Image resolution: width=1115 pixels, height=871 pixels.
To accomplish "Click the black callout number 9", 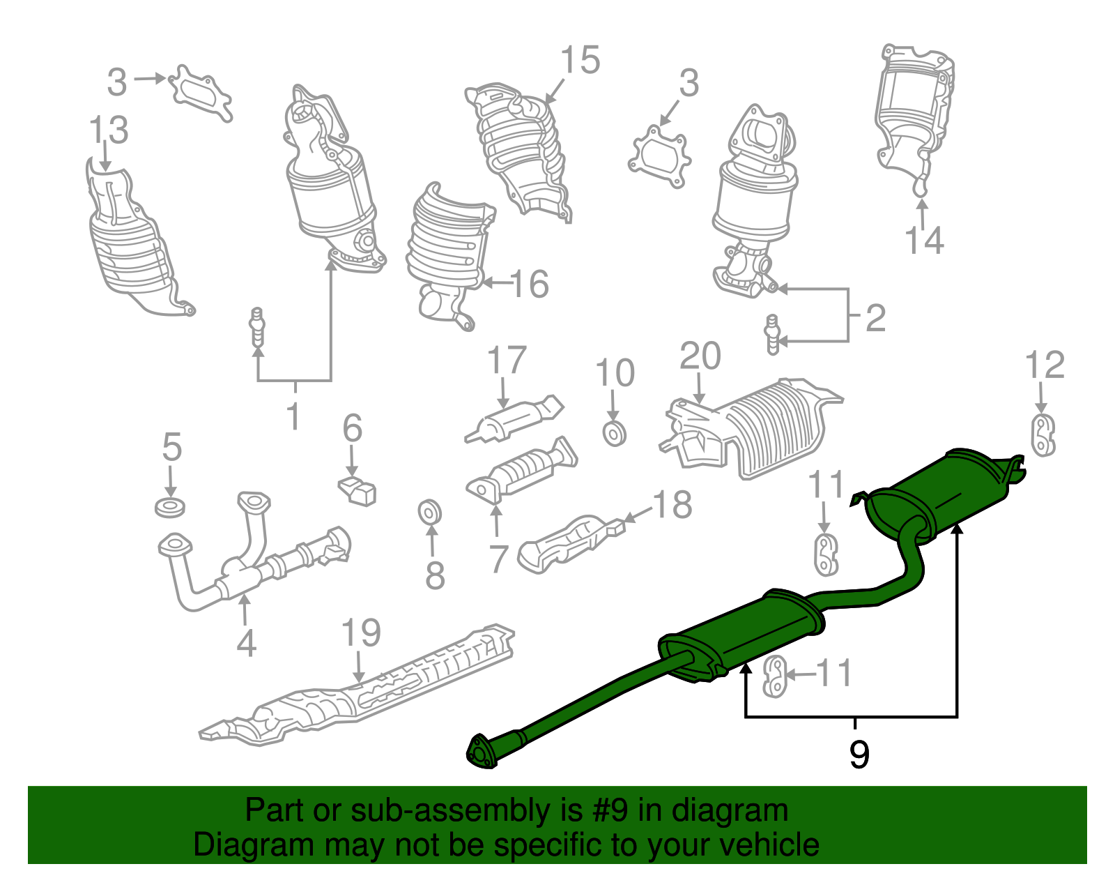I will pos(859,755).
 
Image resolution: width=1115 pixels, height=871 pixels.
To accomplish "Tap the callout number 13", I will pos(109,130).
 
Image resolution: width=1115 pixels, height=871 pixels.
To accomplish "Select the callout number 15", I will pos(580,60).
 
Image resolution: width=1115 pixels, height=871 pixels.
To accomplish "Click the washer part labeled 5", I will pos(169,507).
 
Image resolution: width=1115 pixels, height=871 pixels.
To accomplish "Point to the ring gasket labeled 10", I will pos(614,434).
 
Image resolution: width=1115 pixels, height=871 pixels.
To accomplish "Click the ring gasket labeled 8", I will pos(430,513).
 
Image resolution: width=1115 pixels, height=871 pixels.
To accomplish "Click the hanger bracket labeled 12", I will pos(1042,435).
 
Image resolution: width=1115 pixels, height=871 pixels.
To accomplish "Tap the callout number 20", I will pos(700,356).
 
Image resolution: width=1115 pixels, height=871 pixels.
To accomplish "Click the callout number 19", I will pos(361,633).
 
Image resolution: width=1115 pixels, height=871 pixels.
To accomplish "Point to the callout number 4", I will pos(246,642).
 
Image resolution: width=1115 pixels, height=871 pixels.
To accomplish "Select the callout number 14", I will pos(923,240).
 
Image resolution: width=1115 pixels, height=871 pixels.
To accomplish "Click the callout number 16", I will pos(530,284).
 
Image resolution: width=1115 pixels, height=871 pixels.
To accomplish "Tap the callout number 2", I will pos(875,318).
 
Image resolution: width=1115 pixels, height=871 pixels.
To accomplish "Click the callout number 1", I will pos(293,416).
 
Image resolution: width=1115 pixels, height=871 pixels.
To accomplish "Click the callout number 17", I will pos(506,361).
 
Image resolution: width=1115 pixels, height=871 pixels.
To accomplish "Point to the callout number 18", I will pos(672,504).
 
